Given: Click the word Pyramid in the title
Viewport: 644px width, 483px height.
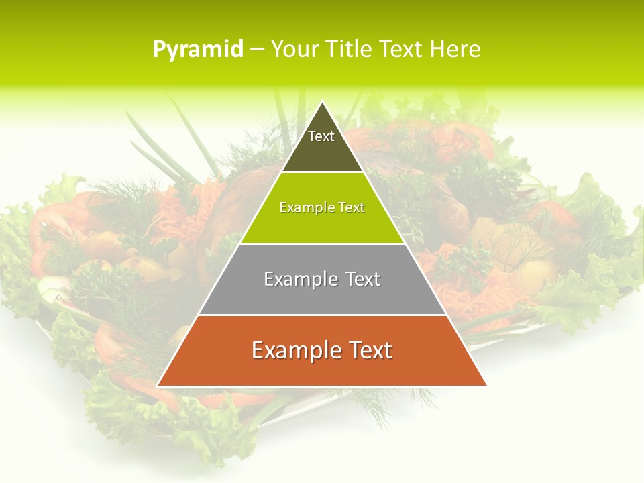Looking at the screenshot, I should (197, 50).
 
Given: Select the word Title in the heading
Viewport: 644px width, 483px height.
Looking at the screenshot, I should (350, 50).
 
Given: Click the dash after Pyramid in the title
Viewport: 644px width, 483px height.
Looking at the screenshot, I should (257, 50).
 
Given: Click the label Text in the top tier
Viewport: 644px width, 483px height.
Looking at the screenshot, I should (321, 136).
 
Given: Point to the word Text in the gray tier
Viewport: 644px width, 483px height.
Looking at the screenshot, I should (358, 279).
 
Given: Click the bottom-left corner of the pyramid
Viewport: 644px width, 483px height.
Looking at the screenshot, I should (158, 386).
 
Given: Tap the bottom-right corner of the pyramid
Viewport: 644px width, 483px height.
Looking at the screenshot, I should (486, 386).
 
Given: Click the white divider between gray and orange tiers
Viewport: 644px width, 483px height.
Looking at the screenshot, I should (322, 315).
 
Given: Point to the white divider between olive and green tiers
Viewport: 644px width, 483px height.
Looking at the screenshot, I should (322, 172).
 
